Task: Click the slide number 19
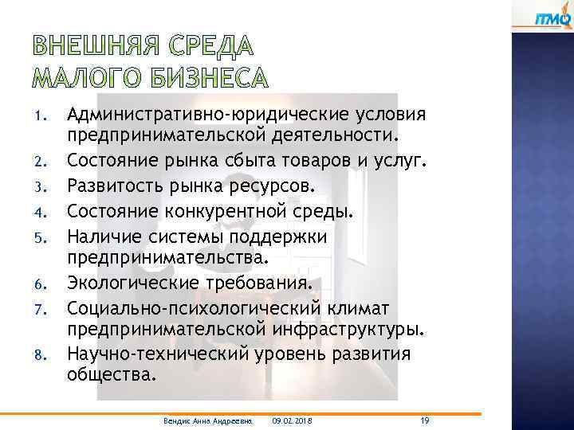tap(426, 419)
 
